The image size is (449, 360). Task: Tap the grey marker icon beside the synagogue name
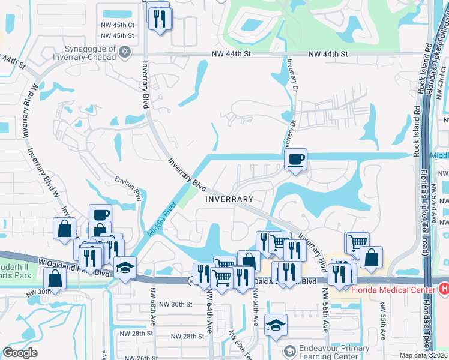(x=124, y=52)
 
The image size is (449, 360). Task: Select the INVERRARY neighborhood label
(x=229, y=199)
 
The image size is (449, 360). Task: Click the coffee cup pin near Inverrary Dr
(x=295, y=160)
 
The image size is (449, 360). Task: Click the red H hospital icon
(x=444, y=289)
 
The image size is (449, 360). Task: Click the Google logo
(x=20, y=353)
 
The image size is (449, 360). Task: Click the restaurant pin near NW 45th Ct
(x=160, y=18)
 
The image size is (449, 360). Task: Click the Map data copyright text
(x=424, y=355)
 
